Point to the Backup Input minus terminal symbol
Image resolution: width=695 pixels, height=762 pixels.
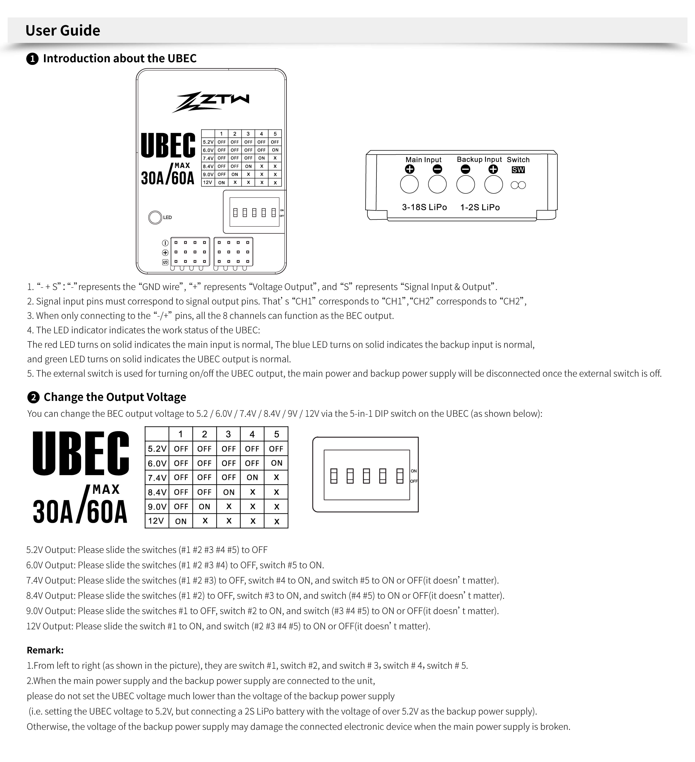coord(465,169)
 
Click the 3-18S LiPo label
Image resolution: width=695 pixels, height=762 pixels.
coord(424,207)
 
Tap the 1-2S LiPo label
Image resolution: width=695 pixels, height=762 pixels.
coord(480,207)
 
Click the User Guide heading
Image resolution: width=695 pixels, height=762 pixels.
coord(63,30)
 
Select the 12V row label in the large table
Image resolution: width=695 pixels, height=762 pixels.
coord(156,521)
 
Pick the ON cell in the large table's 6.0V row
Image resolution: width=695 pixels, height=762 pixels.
coord(276,463)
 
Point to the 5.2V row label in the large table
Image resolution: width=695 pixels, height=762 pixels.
coord(157,449)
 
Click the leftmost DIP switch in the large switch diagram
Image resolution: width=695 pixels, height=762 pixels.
coord(333,476)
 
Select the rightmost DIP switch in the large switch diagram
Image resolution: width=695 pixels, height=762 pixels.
coord(400,476)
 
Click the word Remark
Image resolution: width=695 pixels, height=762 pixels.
coord(45,650)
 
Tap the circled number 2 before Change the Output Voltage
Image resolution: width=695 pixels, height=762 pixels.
coord(33,397)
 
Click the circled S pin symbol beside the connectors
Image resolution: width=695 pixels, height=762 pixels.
coord(165,262)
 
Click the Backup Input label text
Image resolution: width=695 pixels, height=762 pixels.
coord(479,159)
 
